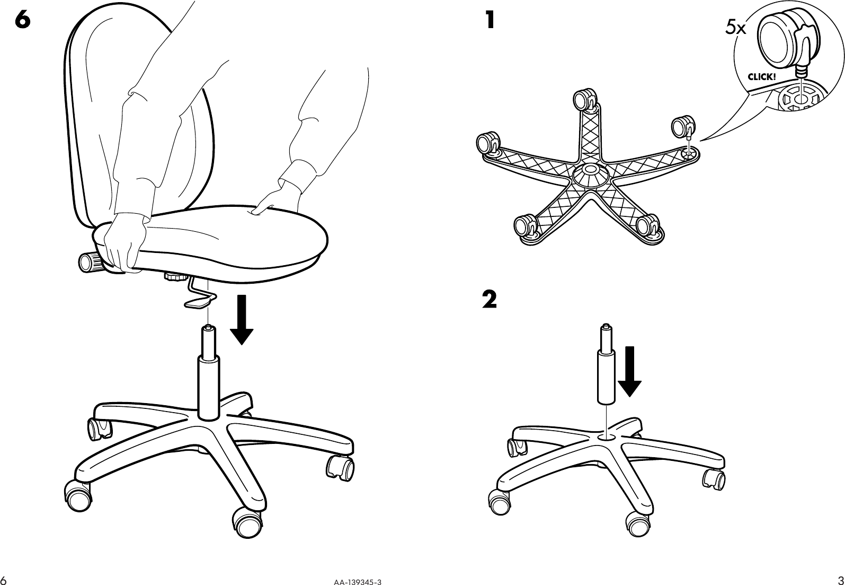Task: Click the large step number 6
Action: pos(23,20)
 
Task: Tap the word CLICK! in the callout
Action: pos(761,76)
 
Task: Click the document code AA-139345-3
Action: pos(357,581)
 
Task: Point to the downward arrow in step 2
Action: pos(629,371)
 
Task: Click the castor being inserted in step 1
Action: pos(681,127)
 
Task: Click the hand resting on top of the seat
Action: pos(272,199)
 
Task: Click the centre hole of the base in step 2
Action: pos(606,436)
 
